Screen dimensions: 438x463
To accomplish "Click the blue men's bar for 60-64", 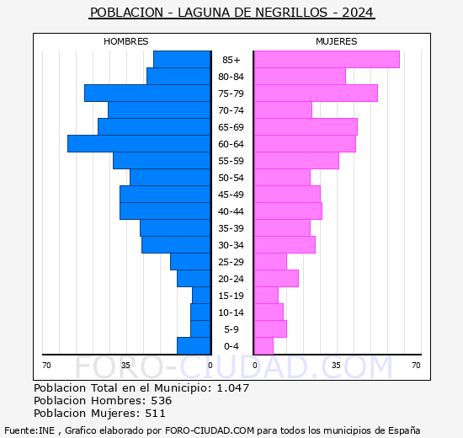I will tap(139, 143).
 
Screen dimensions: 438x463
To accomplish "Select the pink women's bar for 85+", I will tap(327, 59).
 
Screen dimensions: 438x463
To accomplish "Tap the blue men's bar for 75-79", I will tap(147, 93).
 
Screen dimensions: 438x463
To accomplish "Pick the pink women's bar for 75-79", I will tap(316, 93).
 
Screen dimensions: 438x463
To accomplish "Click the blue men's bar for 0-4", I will tap(194, 345).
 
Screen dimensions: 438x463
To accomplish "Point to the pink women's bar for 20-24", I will tap(276, 278).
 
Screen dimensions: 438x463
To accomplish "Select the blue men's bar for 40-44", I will tap(165, 211).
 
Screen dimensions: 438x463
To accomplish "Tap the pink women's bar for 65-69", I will tap(306, 126).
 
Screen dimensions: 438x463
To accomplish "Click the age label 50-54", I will tap(231, 178).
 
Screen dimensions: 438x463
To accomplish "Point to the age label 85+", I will tap(231, 60).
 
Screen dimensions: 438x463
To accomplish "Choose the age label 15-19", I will tap(231, 296).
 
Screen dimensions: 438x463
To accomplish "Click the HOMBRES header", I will tap(126, 41).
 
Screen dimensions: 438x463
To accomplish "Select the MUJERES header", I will tap(336, 41).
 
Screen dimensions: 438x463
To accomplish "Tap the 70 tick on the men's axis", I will tap(47, 365).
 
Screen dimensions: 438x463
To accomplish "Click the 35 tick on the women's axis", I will tap(336, 365).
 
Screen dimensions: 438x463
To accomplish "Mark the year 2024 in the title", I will tap(357, 13).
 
